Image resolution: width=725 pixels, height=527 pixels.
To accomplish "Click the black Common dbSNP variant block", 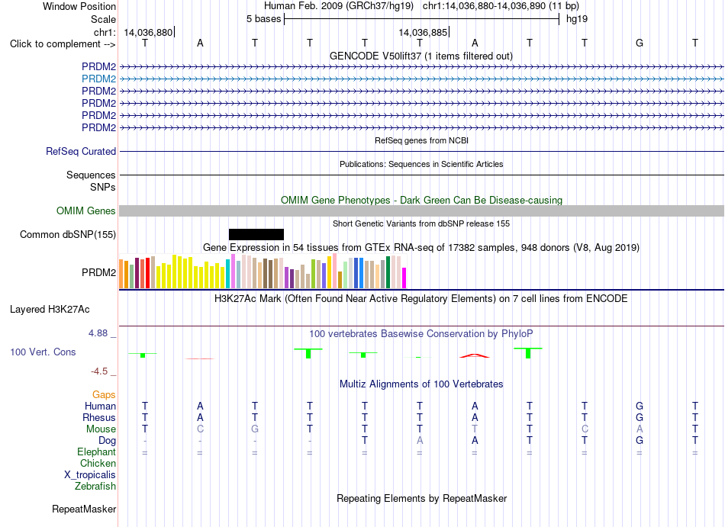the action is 256,234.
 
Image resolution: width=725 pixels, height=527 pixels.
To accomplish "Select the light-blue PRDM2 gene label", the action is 99,79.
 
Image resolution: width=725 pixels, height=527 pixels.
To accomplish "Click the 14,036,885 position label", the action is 423,32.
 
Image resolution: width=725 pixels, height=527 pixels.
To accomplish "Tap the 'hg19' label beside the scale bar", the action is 577,19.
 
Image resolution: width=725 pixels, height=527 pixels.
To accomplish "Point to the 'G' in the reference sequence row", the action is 640,43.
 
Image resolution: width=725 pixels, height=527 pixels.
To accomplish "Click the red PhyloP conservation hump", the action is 475,355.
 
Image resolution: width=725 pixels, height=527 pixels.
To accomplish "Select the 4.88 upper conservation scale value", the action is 98,333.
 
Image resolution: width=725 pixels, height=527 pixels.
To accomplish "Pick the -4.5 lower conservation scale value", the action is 99,371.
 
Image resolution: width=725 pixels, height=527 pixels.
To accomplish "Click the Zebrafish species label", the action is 95,486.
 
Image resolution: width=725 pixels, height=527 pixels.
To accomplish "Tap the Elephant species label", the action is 97,451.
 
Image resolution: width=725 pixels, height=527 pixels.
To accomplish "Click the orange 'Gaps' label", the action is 104,394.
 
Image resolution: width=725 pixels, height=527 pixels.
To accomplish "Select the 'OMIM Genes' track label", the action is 86,210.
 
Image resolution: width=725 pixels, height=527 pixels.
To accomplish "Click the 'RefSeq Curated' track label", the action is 81,152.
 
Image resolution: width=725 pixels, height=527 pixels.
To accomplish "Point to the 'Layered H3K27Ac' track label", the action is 50,310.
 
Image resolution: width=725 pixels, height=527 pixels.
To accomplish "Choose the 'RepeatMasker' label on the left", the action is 84,509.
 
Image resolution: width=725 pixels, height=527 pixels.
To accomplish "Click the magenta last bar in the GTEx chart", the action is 404,278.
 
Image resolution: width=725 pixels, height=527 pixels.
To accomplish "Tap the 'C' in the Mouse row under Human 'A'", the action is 200,429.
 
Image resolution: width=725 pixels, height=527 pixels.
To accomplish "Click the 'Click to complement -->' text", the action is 63,44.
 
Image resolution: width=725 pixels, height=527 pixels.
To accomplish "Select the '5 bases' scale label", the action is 263,19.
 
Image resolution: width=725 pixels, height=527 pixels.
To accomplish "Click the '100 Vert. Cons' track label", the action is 43,352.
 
